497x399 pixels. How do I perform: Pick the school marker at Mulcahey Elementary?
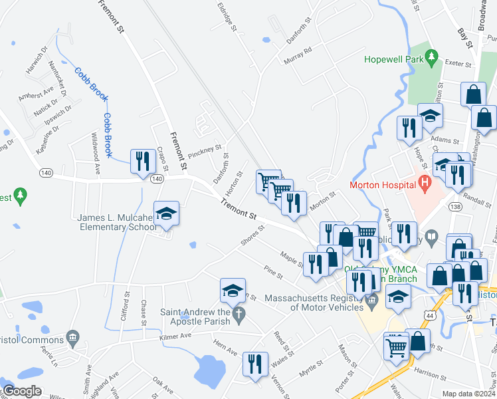click(165, 214)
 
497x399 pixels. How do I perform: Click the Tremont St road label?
click(239, 210)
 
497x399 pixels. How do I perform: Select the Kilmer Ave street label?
click(175, 337)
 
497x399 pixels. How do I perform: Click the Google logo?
click(22, 391)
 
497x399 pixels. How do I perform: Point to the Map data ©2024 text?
click(469, 394)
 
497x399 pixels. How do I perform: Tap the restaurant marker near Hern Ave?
click(254, 364)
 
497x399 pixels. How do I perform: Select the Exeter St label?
click(458, 65)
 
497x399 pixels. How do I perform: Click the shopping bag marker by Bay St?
click(474, 94)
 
